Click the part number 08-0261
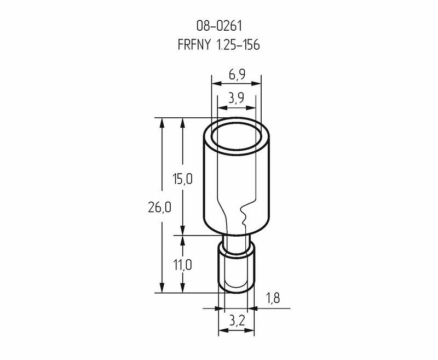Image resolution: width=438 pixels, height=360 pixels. (219, 26)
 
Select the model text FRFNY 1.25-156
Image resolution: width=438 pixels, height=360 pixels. (218, 45)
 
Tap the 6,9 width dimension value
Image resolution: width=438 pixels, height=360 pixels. (237, 75)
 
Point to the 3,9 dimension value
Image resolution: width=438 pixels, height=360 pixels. (236, 98)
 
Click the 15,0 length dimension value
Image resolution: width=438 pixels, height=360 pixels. (182, 179)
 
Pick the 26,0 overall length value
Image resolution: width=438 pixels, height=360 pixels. (159, 208)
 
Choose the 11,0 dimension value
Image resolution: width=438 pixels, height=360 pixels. (183, 265)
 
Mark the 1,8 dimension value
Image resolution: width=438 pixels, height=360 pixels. (273, 299)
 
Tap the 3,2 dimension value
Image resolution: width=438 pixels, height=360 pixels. (237, 322)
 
